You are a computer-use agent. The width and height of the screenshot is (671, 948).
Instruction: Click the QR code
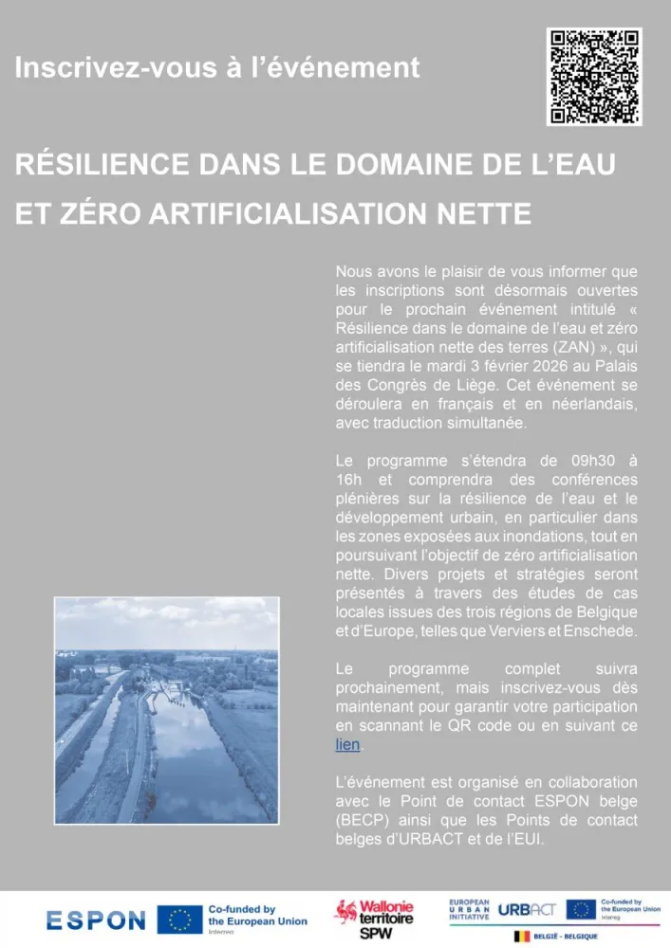594,77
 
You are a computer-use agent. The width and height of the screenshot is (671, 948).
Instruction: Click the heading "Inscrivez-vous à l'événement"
216,68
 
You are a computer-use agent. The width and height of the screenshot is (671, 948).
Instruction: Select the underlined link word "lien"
347,745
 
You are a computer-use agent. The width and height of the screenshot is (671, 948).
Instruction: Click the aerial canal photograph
166,710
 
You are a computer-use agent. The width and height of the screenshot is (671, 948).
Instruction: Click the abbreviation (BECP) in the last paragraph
362,821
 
